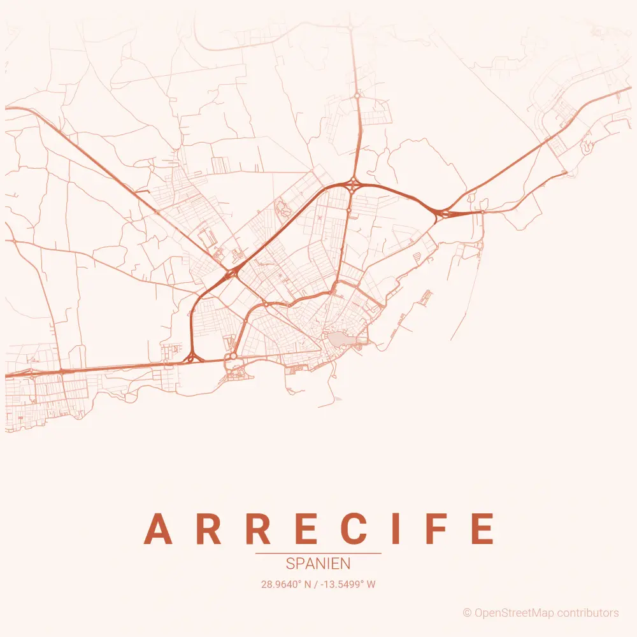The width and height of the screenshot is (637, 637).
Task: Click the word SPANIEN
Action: pos(318,564)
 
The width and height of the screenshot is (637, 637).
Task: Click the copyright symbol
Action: pos(467,613)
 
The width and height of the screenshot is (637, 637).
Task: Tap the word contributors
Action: pos(587,613)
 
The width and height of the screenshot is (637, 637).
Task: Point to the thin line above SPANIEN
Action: pos(318,554)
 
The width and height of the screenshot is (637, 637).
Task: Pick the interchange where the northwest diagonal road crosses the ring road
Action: pos(231,273)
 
